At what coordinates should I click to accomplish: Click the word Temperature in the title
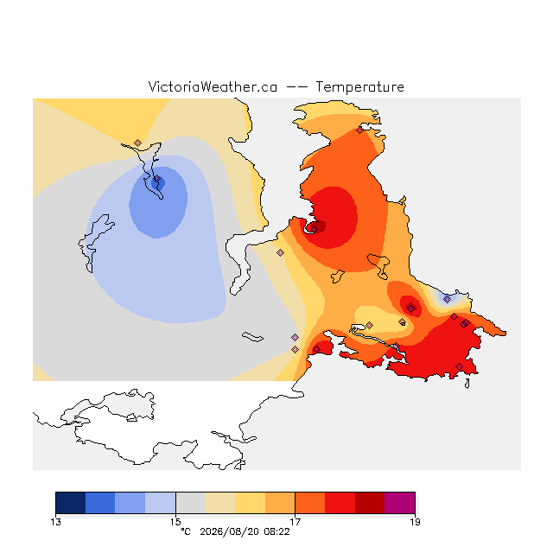(359, 87)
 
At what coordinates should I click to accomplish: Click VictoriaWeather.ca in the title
(213, 87)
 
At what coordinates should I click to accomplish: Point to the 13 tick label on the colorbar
(55, 522)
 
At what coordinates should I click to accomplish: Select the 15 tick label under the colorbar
(175, 522)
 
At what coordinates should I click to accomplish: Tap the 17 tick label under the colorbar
(296, 522)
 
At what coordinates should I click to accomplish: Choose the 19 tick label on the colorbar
(415, 522)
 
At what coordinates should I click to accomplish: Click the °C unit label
(186, 531)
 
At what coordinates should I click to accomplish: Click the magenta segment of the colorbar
(399, 503)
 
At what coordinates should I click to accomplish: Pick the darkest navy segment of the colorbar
(71, 503)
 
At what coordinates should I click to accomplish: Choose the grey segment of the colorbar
(190, 503)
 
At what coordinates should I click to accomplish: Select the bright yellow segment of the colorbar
(250, 503)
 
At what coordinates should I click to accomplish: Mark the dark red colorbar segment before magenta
(370, 503)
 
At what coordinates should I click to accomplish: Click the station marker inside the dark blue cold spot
(157, 179)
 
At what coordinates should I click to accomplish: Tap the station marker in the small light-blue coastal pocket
(448, 300)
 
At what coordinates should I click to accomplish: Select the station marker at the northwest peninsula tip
(138, 143)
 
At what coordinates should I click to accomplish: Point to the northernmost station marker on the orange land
(359, 130)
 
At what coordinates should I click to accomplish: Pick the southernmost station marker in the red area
(459, 366)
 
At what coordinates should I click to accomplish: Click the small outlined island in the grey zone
(252, 337)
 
